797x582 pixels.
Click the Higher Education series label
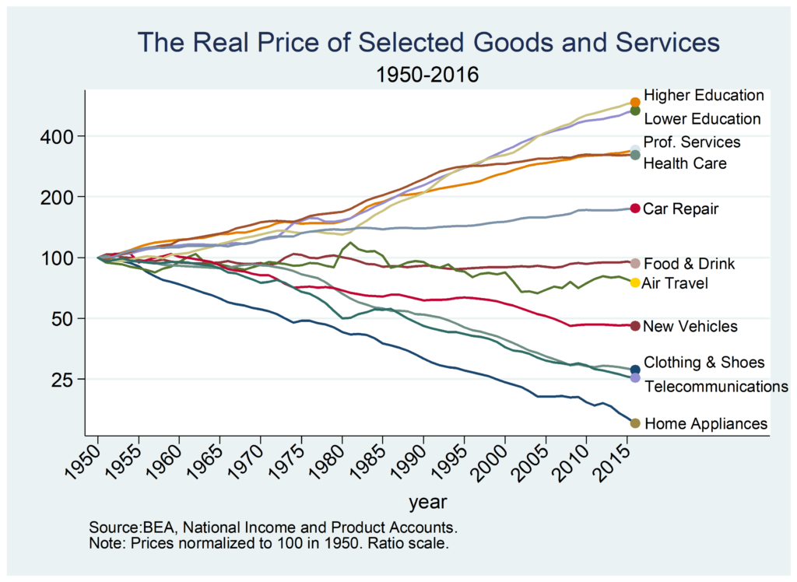(x=704, y=96)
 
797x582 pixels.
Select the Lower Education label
(x=702, y=119)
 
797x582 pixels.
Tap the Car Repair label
(x=681, y=209)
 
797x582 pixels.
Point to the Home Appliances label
(x=706, y=424)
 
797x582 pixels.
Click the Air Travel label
(x=675, y=283)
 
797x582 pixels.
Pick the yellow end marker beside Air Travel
(x=635, y=282)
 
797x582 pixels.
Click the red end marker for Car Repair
(x=635, y=209)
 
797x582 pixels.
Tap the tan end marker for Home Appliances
(x=635, y=423)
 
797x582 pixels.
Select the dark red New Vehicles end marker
(x=635, y=326)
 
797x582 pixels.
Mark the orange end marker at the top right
(x=635, y=102)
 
